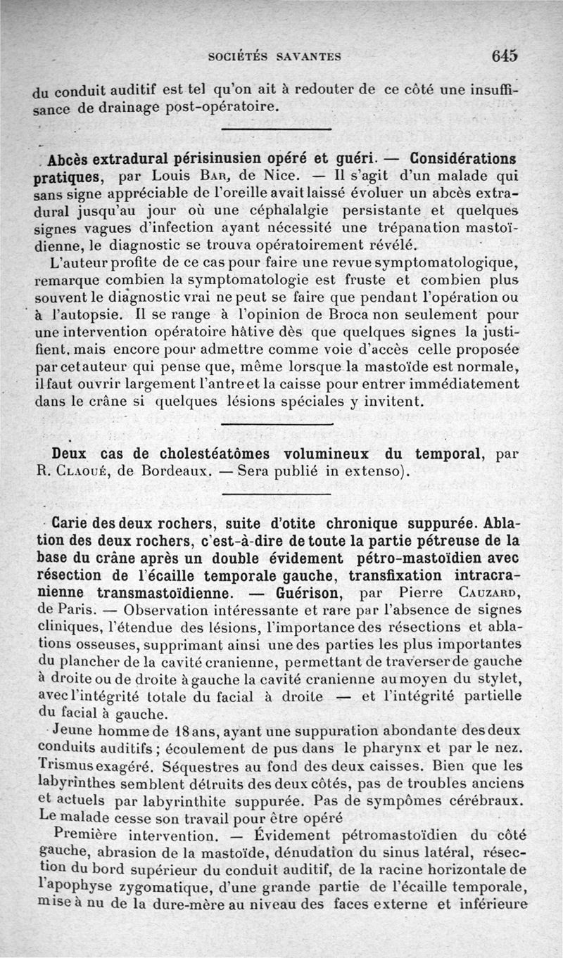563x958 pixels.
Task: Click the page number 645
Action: [x=505, y=56]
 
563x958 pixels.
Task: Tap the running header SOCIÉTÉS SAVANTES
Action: [x=275, y=58]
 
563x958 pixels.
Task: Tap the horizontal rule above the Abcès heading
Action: [x=276, y=129]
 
